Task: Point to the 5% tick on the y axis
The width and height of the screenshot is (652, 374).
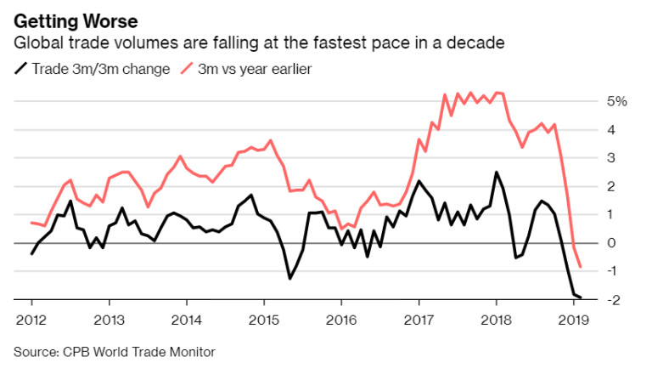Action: tap(615, 102)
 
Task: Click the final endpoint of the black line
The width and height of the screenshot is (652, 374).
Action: tap(581, 297)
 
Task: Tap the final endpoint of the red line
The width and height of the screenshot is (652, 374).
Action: tap(581, 267)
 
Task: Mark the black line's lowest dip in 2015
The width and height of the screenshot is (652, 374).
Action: tap(289, 278)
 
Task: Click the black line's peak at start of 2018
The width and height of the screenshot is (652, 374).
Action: tap(496, 173)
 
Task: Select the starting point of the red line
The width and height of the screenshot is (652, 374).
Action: tap(31, 223)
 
